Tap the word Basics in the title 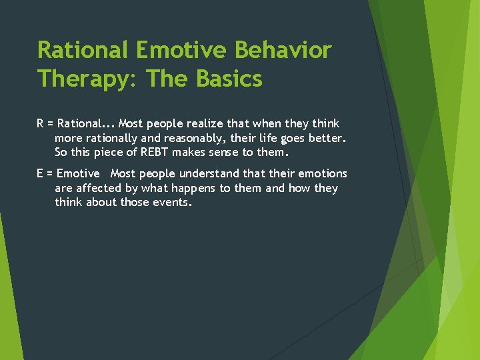tap(229, 79)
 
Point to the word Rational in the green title tap(83, 50)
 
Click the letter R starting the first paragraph tap(40, 124)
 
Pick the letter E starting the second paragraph tap(40, 174)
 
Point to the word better tap(325, 139)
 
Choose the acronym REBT tap(156, 153)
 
